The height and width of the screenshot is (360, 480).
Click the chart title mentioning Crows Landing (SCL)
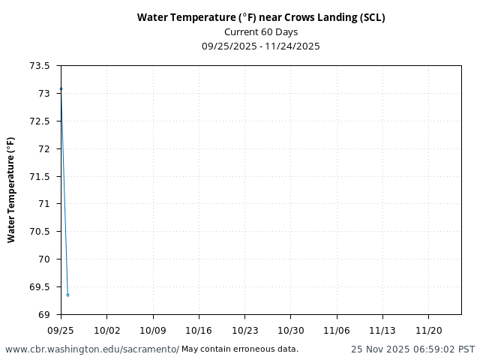(261, 17)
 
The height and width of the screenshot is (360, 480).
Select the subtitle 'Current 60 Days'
(261, 31)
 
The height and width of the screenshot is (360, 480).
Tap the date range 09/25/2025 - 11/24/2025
(261, 46)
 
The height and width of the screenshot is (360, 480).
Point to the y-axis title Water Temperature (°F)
(11, 190)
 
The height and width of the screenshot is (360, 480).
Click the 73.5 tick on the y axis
(40, 66)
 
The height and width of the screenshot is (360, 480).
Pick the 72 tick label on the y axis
(45, 148)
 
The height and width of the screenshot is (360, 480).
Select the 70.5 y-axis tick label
(40, 231)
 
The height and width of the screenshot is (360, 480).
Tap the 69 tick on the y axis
(45, 314)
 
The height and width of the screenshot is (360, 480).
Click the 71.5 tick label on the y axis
(40, 176)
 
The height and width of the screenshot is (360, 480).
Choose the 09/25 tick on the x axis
(61, 330)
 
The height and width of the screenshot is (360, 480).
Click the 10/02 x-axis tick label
(106, 330)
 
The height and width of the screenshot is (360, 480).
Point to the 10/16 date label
(199, 330)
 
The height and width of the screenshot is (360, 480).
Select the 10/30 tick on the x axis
(291, 330)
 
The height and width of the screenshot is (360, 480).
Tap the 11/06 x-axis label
(337, 330)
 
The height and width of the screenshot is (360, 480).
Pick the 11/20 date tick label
(428, 330)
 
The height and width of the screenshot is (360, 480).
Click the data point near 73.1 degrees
(61, 88)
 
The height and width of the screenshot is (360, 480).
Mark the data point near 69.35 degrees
(67, 295)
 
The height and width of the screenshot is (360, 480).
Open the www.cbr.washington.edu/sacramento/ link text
(92, 349)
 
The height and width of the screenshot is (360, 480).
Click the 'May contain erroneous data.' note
(240, 349)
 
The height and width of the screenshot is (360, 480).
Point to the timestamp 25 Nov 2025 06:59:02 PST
(412, 349)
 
